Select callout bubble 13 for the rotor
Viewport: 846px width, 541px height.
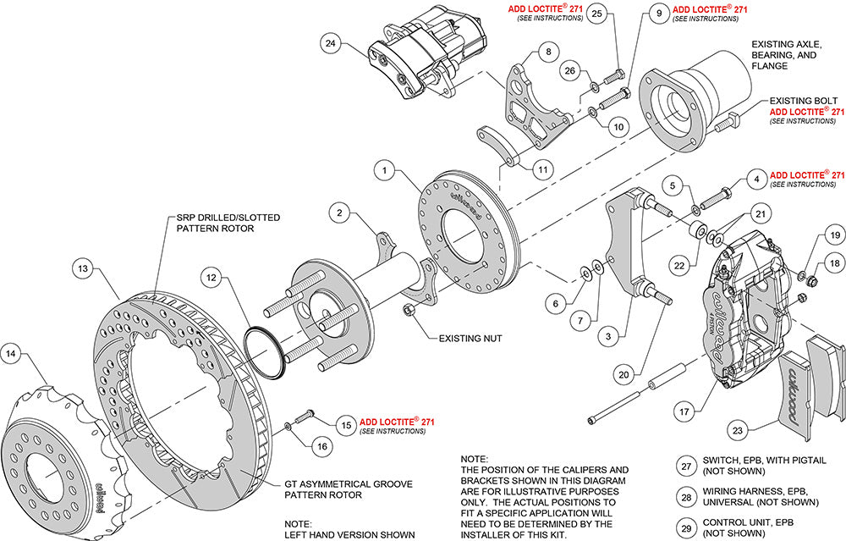(x=82, y=270)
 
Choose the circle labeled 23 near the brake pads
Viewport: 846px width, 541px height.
(x=739, y=430)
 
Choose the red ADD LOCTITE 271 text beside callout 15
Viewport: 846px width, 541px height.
(x=391, y=420)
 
